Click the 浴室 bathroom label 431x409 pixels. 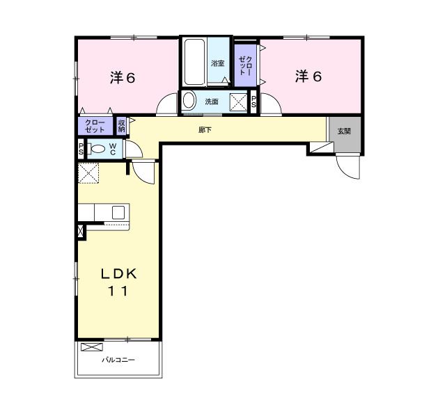(218, 63)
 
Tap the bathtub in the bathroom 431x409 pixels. (194, 62)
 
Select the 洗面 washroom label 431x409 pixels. (212, 102)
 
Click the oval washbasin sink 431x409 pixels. (189, 101)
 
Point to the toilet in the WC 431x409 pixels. (96, 149)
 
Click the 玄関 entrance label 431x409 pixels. (344, 131)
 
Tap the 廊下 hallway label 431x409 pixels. (205, 129)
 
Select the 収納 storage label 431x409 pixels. (121, 126)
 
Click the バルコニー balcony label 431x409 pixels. (118, 360)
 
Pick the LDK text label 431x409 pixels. (119, 274)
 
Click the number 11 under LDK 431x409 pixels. (118, 291)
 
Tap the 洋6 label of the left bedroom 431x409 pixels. (123, 78)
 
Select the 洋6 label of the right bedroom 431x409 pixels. (308, 76)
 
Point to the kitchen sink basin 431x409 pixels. (118, 212)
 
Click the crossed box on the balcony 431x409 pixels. (92, 347)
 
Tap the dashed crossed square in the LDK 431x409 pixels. (88, 173)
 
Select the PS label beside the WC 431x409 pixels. (81, 149)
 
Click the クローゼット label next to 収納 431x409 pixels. (95, 126)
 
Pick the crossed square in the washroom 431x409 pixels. (238, 102)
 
